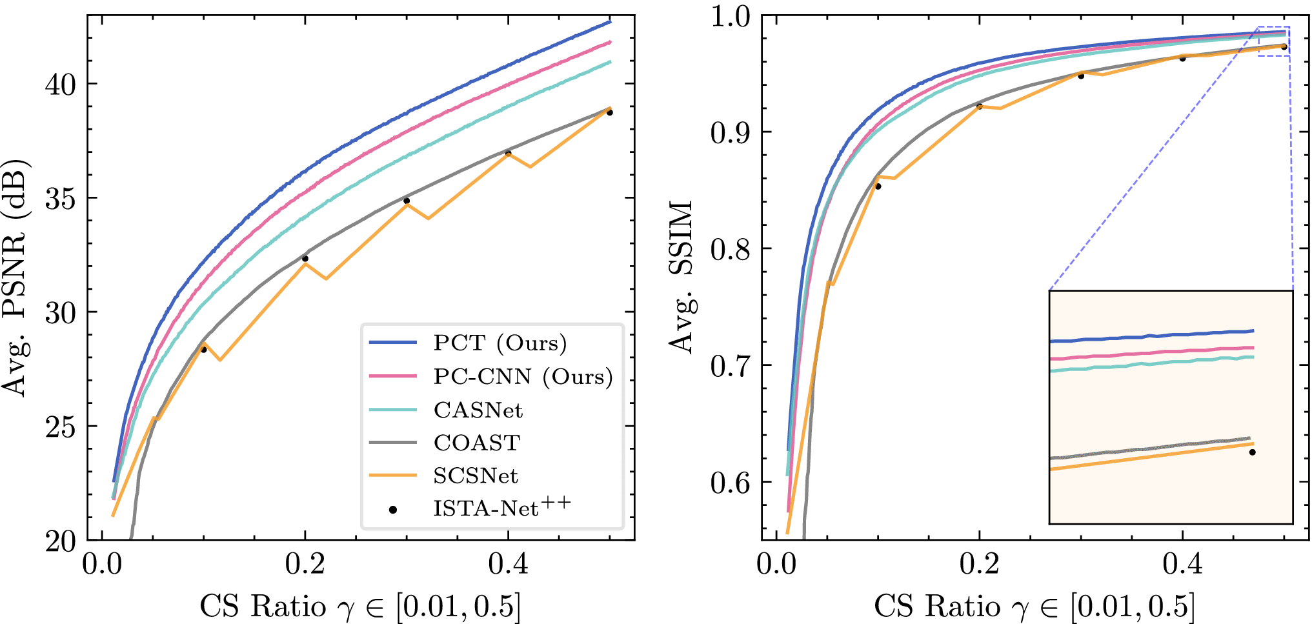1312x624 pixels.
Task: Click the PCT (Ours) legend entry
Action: click(500, 343)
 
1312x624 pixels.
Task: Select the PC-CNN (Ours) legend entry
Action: click(523, 376)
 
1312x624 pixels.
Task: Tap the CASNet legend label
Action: click(478, 410)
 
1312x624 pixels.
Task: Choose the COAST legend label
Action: click(477, 443)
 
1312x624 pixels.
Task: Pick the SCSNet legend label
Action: click(476, 476)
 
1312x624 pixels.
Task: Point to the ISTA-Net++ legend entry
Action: click(501, 508)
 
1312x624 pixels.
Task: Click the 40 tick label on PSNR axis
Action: click(61, 85)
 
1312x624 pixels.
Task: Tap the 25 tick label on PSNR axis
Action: click(61, 427)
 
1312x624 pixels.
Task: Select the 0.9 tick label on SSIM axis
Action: click(731, 132)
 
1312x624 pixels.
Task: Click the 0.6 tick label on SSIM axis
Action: click(731, 482)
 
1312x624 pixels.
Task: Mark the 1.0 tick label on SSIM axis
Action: click(731, 16)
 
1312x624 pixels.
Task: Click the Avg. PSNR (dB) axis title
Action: click(15, 277)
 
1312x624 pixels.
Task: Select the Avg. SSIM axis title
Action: click(681, 277)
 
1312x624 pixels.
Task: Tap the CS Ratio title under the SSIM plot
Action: click(1034, 607)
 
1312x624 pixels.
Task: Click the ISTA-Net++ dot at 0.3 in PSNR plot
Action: click(407, 201)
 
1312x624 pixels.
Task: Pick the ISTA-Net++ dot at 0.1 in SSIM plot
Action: click(878, 186)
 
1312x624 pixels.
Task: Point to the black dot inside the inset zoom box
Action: click(1253, 452)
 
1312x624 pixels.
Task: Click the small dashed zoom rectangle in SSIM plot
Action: click(1274, 41)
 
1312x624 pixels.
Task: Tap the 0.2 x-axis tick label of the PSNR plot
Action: click(305, 564)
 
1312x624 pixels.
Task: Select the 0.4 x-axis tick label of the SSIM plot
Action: click(1182, 564)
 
